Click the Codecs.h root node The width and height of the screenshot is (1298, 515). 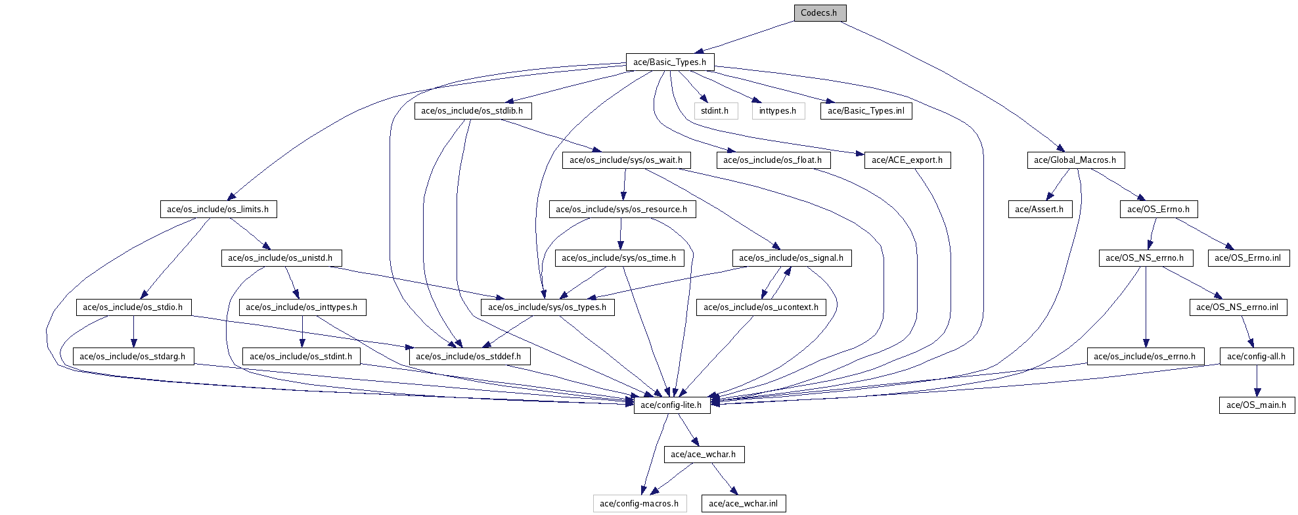(x=819, y=13)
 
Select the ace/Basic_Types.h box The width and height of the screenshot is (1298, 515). (x=669, y=62)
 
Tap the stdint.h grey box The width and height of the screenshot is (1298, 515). (x=715, y=111)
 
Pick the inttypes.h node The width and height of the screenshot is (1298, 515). (x=778, y=111)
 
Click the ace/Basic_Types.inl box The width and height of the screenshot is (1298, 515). (x=866, y=111)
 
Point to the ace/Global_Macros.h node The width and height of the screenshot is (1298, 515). (x=1075, y=160)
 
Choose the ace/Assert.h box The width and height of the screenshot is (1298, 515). (x=1039, y=210)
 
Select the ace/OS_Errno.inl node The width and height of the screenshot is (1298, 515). (x=1247, y=258)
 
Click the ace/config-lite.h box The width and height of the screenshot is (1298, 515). (x=671, y=405)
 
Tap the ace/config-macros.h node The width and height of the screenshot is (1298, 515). (x=639, y=504)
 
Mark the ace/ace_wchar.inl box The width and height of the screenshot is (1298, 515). (x=743, y=504)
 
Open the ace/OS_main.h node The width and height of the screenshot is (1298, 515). (x=1256, y=405)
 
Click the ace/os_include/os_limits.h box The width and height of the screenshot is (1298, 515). (x=217, y=210)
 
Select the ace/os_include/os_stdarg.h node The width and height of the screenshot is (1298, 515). (x=133, y=357)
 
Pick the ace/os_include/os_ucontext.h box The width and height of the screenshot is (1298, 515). (x=761, y=307)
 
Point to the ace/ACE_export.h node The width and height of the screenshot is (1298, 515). (x=906, y=160)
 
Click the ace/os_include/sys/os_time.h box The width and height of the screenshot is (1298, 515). (x=619, y=258)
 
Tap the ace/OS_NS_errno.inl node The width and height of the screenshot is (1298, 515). (x=1238, y=307)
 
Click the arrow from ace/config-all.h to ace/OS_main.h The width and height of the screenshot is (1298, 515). (x=1257, y=381)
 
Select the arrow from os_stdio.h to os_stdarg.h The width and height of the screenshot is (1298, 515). (x=133, y=332)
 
